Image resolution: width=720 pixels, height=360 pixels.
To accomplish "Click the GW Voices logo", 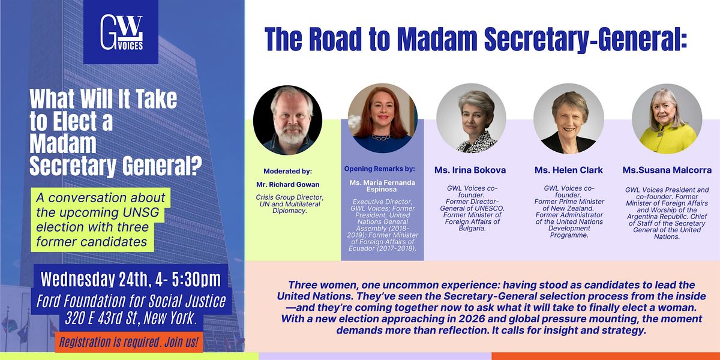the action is [121, 32].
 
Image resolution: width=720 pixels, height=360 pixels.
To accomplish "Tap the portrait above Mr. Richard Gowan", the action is [287, 120].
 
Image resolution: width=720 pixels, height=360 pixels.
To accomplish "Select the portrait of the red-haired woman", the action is [383, 118].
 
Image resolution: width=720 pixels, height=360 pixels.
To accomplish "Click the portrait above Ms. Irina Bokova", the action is [471, 118].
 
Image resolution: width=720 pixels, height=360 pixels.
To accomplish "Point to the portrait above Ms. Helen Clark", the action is [569, 118].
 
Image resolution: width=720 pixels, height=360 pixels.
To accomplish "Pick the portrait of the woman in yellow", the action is [667, 119].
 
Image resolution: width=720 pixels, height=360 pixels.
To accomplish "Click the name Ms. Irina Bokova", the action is [470, 170].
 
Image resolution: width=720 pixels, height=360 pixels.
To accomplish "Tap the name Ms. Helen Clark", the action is [569, 170].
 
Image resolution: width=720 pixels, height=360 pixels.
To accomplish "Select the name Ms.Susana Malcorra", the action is [667, 170].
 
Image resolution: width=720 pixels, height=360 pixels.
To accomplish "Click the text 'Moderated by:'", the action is [287, 172].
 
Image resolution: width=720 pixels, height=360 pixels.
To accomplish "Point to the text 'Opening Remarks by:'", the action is [380, 169].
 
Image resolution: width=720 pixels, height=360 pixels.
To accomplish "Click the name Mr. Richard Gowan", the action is [287, 185].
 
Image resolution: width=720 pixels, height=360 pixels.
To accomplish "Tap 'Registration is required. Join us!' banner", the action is [128, 342].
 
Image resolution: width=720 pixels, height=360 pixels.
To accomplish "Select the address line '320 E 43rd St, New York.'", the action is [131, 318].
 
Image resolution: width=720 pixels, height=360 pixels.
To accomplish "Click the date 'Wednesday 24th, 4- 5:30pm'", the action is [131, 279].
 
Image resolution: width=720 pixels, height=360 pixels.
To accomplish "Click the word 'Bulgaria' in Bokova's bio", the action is [472, 228].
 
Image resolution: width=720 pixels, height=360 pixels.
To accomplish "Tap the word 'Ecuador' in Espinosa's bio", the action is [361, 248].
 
